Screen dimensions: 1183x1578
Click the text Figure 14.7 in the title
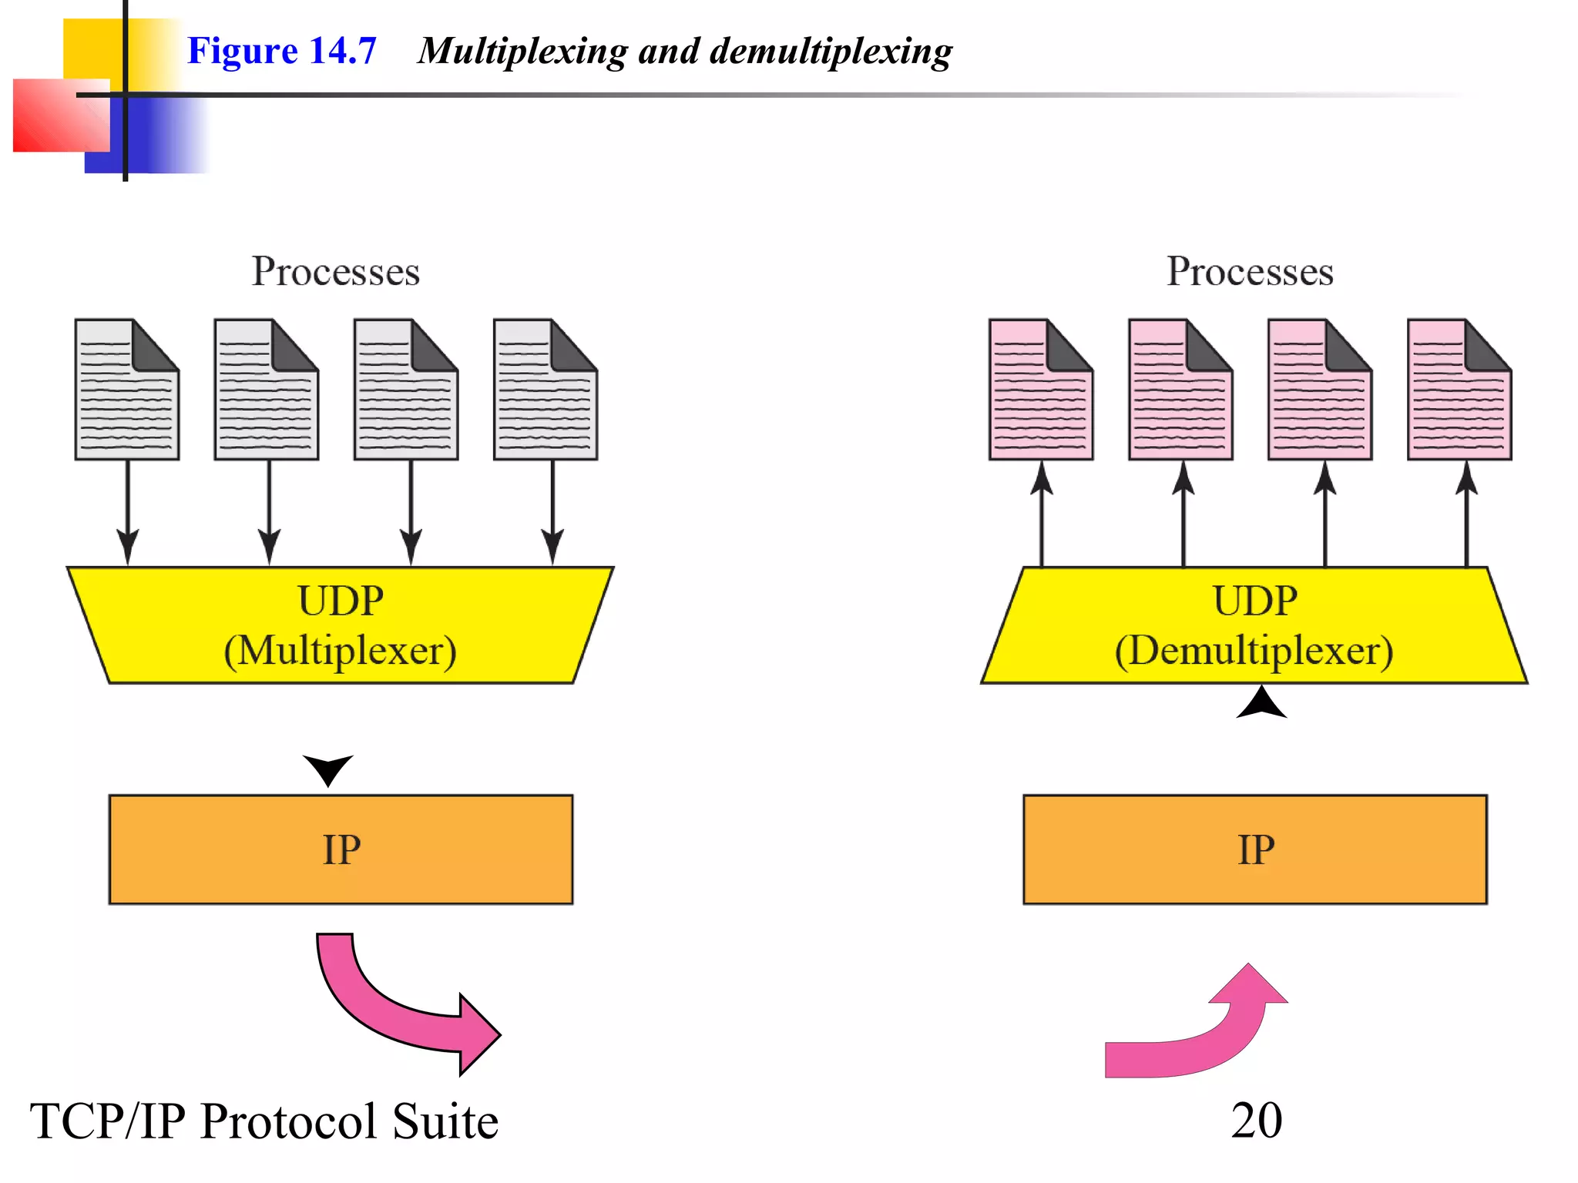[281, 51]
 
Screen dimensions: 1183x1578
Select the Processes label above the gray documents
[335, 271]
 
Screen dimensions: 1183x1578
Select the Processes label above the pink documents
[1249, 271]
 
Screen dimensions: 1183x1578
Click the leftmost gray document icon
[126, 390]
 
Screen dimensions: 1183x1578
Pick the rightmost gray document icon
[545, 390]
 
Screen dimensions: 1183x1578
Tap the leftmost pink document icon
[1040, 390]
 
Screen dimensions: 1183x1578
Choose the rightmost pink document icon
[1459, 390]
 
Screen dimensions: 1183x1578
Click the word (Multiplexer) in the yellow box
[340, 651]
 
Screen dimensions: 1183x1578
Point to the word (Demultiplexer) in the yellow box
[1254, 651]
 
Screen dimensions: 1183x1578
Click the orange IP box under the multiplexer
[341, 849]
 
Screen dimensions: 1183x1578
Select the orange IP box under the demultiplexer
[1254, 849]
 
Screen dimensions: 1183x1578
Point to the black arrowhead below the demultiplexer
[1261, 702]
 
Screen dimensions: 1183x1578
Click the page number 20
[1256, 1121]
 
